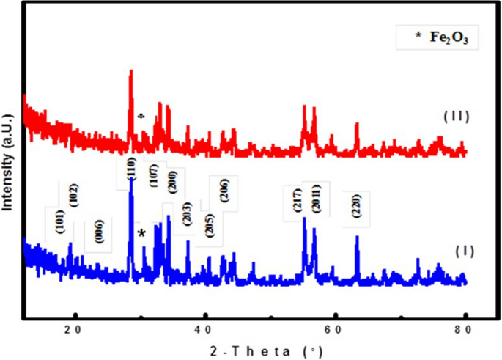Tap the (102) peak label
tap(74, 195)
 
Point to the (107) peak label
tap(155, 175)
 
